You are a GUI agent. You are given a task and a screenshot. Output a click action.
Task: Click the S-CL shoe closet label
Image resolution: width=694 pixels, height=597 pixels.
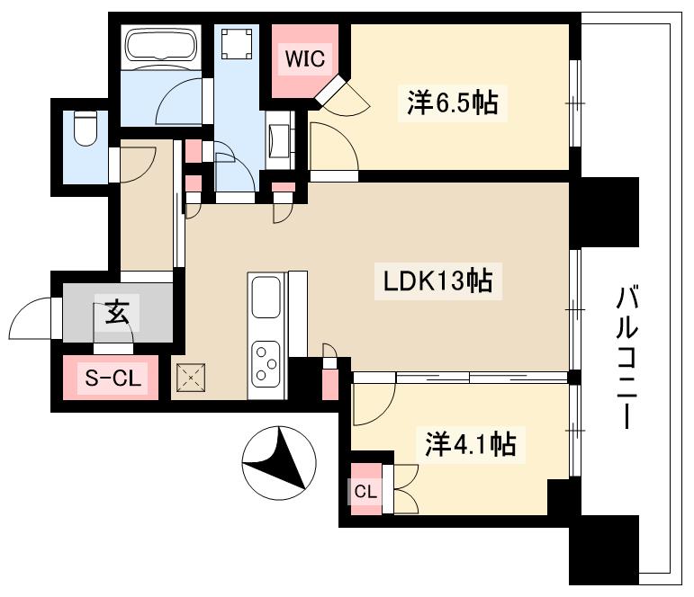[112, 379]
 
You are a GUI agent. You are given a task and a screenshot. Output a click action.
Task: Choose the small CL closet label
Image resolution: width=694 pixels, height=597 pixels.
[364, 492]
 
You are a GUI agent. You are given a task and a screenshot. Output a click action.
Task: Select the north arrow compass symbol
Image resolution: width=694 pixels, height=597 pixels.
[278, 460]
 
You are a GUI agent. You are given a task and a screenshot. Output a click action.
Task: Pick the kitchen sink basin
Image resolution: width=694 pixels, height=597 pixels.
[266, 298]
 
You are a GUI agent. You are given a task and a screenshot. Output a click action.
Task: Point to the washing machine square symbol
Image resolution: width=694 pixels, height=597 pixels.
[237, 44]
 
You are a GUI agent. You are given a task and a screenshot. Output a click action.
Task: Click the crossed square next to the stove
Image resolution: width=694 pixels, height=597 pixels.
[192, 379]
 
